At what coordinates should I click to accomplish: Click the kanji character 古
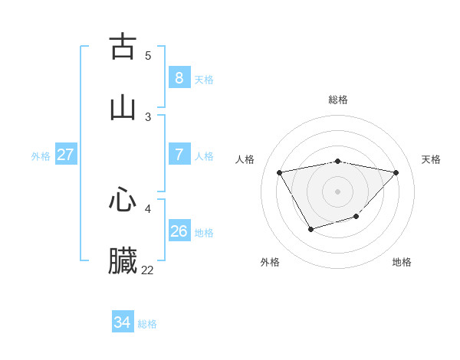pyautogui.click(x=123, y=47)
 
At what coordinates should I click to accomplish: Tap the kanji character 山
pyautogui.click(x=123, y=108)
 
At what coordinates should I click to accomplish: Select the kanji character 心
pyautogui.click(x=123, y=200)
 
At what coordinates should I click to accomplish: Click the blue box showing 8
pyautogui.click(x=179, y=77)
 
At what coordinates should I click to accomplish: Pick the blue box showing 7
pyautogui.click(x=179, y=154)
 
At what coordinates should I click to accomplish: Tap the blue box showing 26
pyautogui.click(x=179, y=231)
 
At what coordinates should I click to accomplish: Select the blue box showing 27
pyautogui.click(x=66, y=154)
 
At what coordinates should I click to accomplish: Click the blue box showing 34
pyautogui.click(x=122, y=322)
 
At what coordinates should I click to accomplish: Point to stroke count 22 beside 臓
pyautogui.click(x=147, y=270)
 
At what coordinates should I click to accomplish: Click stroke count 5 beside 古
pyautogui.click(x=148, y=55)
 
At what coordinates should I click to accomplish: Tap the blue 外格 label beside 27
pyautogui.click(x=41, y=156)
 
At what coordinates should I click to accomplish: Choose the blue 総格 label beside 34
pyautogui.click(x=147, y=325)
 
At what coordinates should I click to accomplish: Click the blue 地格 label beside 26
pyautogui.click(x=204, y=233)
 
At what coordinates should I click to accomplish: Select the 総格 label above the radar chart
pyautogui.click(x=338, y=100)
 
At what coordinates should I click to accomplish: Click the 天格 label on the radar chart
pyautogui.click(x=431, y=159)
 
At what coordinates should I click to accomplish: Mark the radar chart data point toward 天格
pyautogui.click(x=396, y=172)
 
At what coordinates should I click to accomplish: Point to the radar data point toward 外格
pyautogui.click(x=310, y=229)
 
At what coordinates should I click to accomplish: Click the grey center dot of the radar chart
pyautogui.click(x=338, y=191)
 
